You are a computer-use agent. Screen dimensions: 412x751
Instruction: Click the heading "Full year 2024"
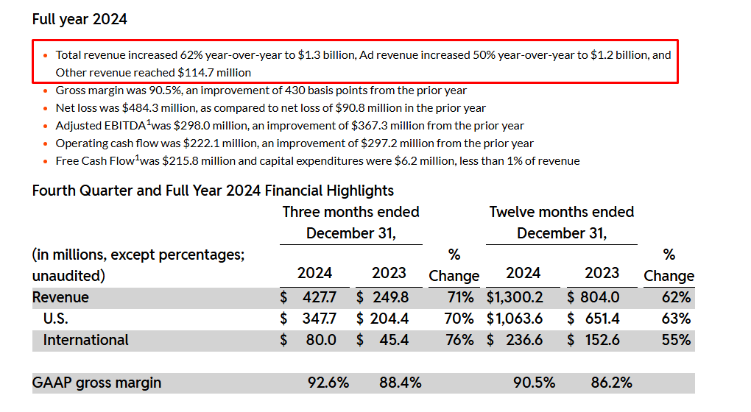[x=80, y=19]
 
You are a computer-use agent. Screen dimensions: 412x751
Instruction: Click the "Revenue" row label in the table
[x=60, y=297]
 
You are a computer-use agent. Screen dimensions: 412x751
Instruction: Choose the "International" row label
[x=85, y=340]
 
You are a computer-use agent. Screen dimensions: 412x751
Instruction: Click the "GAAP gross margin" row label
[x=96, y=383]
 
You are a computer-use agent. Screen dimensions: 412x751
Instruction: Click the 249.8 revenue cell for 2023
[x=390, y=297]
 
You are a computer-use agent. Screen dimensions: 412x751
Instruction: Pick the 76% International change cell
[x=460, y=340]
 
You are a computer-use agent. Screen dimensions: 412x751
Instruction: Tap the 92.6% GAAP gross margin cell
[x=328, y=383]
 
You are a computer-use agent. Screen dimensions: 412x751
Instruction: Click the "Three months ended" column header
[x=350, y=212]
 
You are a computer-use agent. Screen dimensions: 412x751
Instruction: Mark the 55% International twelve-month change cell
[x=676, y=340]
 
